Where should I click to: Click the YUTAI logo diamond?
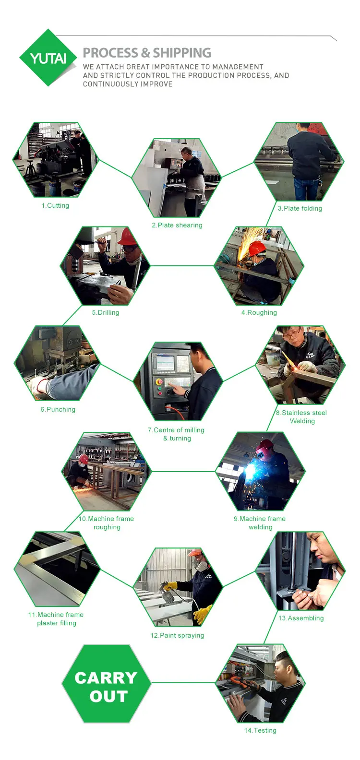(x=48, y=58)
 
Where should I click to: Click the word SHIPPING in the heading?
(x=182, y=53)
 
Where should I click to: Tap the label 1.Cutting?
(x=55, y=206)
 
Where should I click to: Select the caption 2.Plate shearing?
(x=177, y=226)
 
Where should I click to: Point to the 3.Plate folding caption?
(x=300, y=208)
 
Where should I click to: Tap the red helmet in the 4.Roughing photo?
(x=256, y=249)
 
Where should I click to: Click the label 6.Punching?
(x=58, y=410)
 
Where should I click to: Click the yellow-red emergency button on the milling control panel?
(x=159, y=382)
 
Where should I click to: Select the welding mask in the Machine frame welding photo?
(x=264, y=450)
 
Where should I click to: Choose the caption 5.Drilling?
(x=106, y=312)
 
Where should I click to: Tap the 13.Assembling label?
(x=301, y=618)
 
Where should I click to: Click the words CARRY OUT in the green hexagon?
(x=106, y=687)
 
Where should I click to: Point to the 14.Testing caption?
(x=260, y=730)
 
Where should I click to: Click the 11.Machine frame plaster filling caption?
(x=56, y=619)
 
